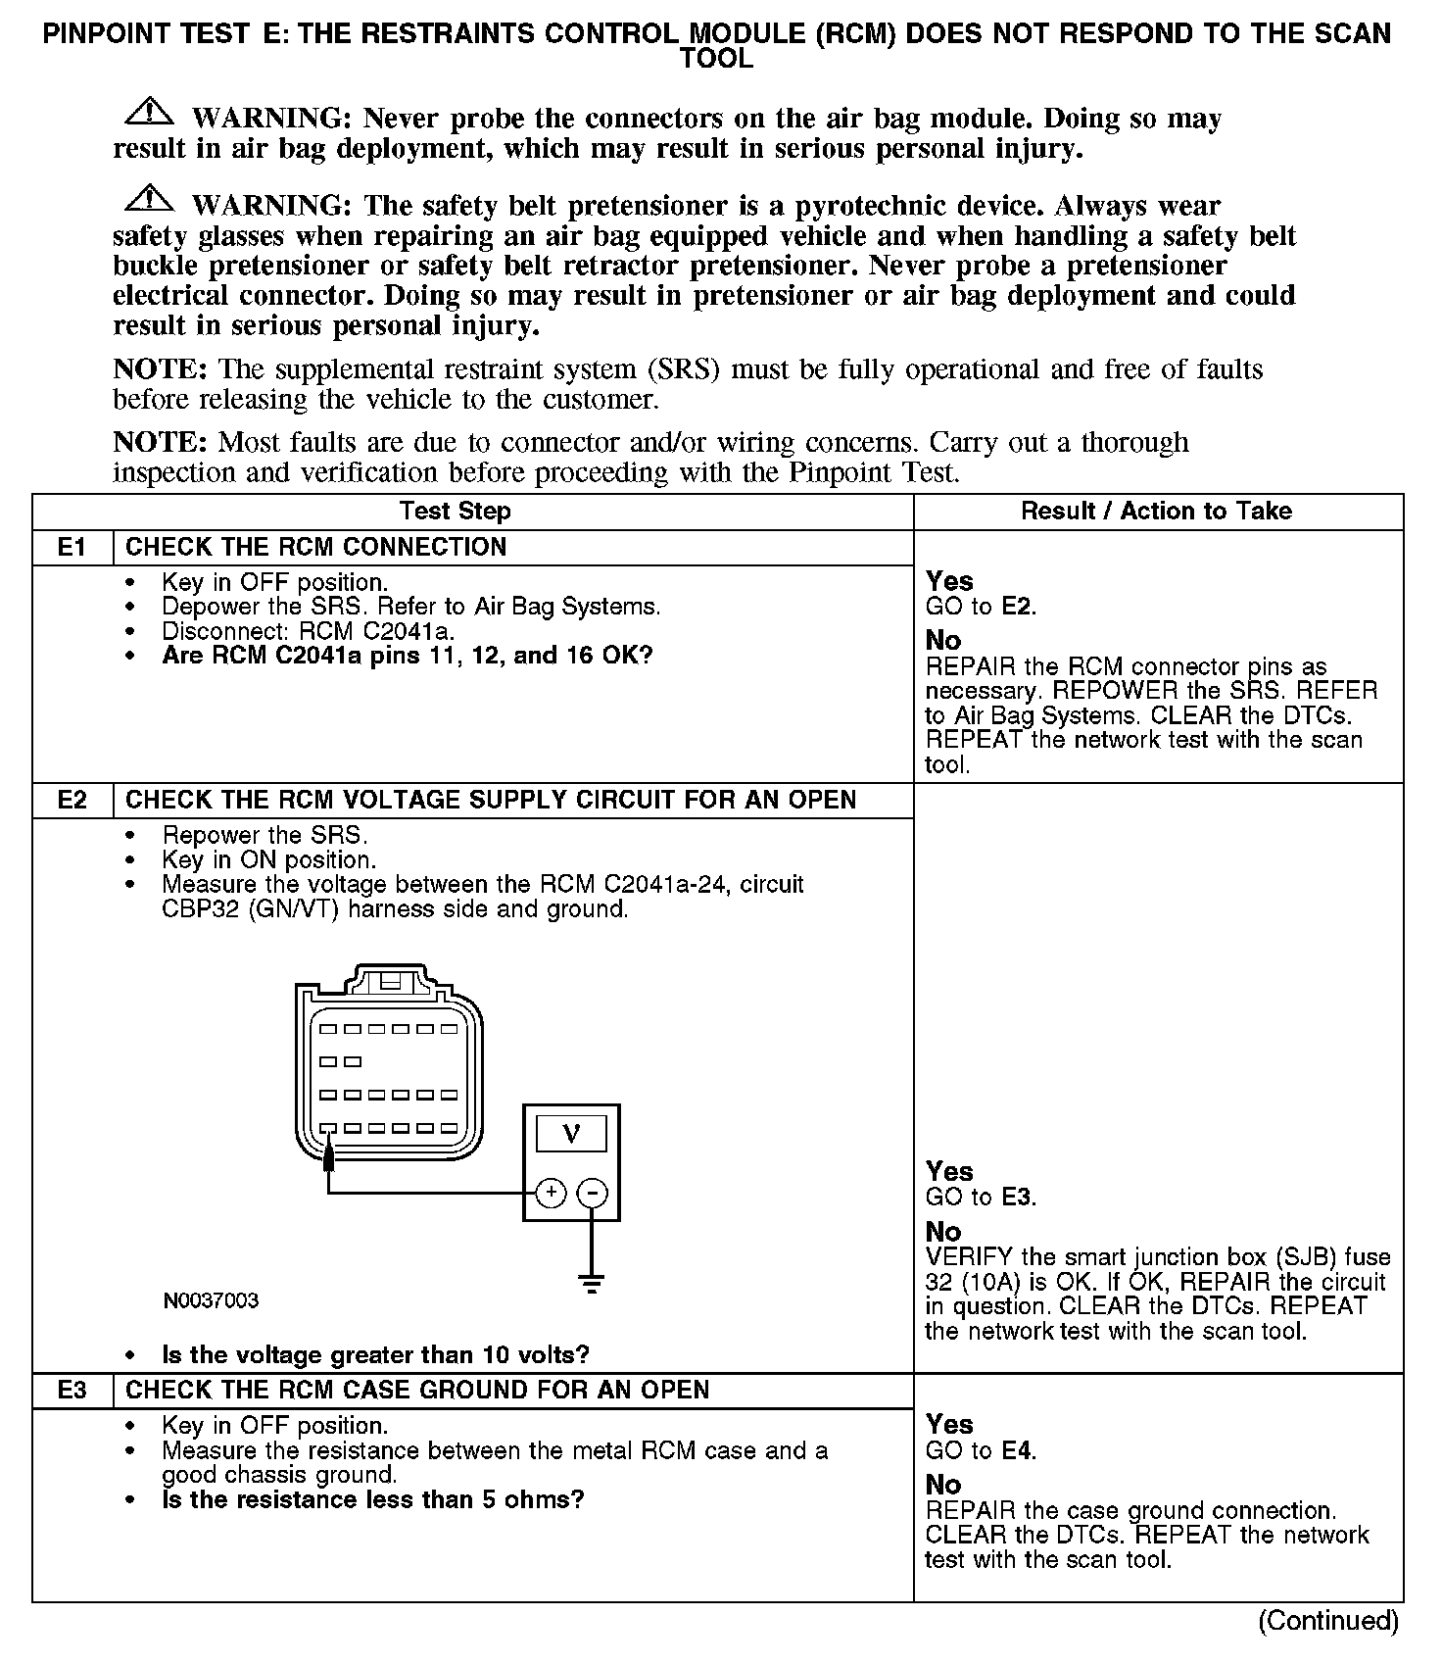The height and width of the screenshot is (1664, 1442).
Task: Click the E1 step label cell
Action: (x=72, y=547)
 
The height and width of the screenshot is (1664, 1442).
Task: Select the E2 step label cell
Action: (x=72, y=800)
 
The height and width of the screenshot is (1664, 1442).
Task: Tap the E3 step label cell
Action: (x=72, y=1390)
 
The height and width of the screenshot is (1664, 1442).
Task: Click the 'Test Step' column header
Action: (x=455, y=511)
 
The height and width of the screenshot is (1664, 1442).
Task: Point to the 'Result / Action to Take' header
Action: (x=1156, y=511)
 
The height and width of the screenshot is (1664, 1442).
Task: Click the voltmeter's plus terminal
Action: (x=552, y=1192)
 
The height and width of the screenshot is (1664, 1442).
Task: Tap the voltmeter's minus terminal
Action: (x=592, y=1193)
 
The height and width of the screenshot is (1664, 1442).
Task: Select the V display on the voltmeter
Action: (x=571, y=1133)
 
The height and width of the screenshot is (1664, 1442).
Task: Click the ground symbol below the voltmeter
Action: (x=592, y=1282)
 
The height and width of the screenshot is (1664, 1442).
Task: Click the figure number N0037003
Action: (x=211, y=1300)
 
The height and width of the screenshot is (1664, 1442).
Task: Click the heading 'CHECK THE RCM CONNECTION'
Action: (x=315, y=547)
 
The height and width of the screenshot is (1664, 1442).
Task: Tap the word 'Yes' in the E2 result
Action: (x=949, y=1171)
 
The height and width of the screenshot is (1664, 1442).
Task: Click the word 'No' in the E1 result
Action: (x=943, y=640)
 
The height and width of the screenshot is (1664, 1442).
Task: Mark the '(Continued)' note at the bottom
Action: (x=1327, y=1620)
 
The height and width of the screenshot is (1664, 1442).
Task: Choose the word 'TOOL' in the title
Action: (x=717, y=59)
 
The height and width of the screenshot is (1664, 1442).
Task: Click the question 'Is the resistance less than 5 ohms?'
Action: (x=372, y=1499)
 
